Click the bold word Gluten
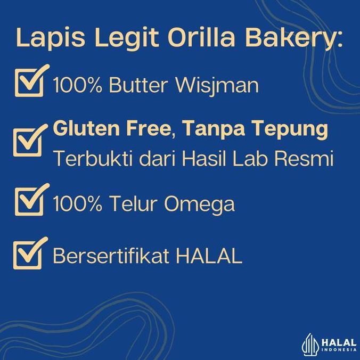pos(85,129)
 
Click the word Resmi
pos(308,159)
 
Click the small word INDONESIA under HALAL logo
pos(339,349)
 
